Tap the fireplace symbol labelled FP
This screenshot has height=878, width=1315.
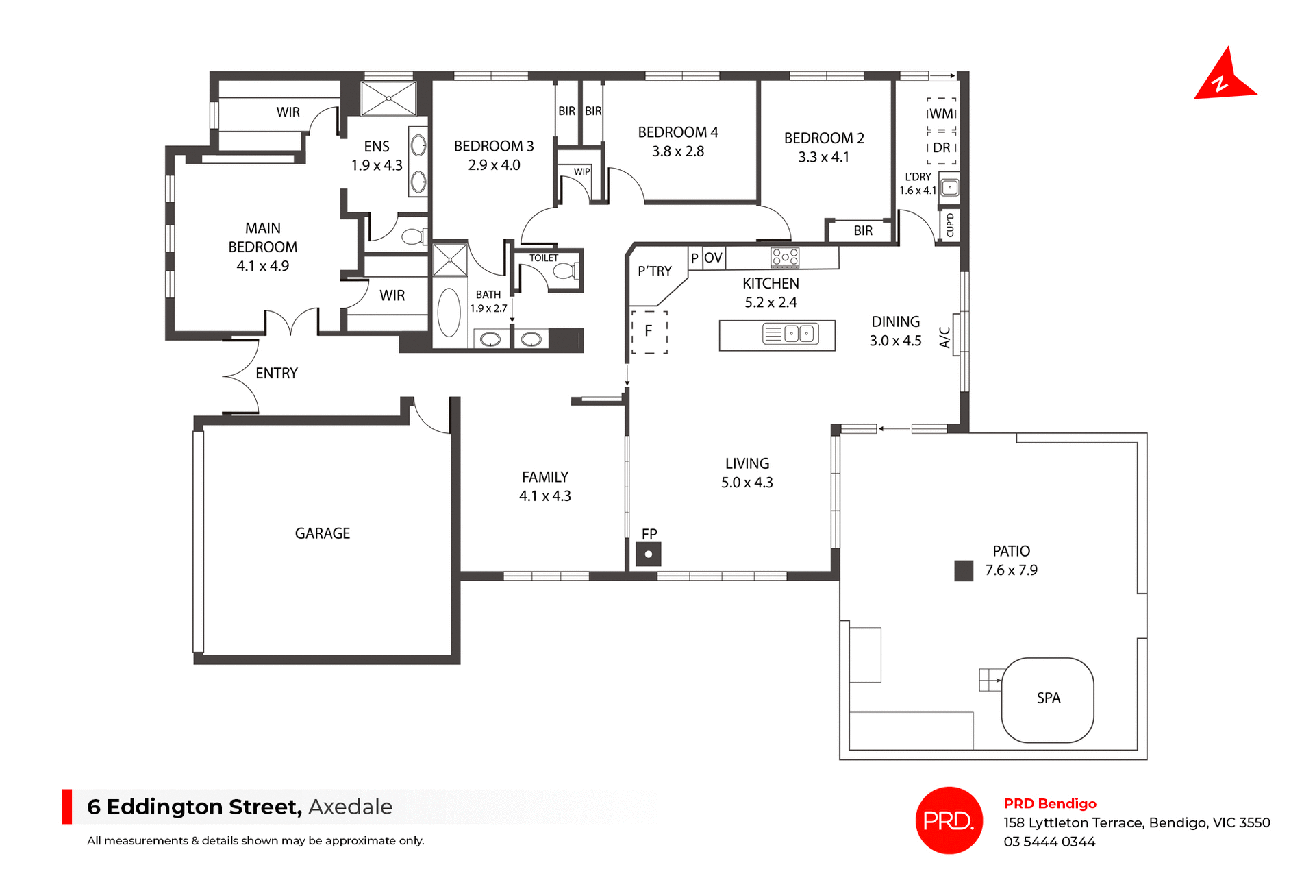click(x=648, y=554)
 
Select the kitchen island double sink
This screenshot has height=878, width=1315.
click(x=799, y=334)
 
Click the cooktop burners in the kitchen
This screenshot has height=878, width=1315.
click(x=785, y=257)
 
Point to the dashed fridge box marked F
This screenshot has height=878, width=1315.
click(x=649, y=332)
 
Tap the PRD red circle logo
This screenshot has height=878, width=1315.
click(x=949, y=820)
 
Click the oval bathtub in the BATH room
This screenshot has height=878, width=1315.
click(x=449, y=313)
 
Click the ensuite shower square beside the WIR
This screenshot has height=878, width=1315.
click(x=388, y=99)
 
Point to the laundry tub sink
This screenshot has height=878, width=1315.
click(x=949, y=187)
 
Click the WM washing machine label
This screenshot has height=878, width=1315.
click(x=941, y=114)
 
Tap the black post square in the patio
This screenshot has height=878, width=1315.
click(x=964, y=570)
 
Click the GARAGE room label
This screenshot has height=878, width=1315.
click(x=322, y=533)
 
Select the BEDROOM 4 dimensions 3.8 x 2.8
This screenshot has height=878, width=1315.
click(x=677, y=151)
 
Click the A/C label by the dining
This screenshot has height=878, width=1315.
click(x=945, y=337)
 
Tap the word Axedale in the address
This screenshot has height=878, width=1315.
click(x=350, y=807)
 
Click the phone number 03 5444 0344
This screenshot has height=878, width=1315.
click(x=1049, y=842)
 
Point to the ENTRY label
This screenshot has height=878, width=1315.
click(x=277, y=374)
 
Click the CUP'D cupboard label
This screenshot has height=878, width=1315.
click(x=950, y=225)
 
